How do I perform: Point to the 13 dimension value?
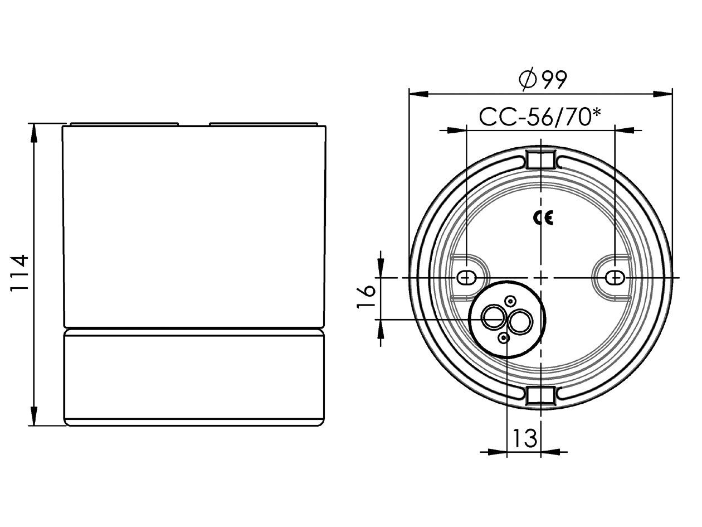(x=524, y=438)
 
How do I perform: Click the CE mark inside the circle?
(x=543, y=218)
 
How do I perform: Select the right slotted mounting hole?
(x=615, y=277)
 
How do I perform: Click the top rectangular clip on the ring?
(x=540, y=159)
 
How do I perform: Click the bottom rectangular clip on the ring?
(x=540, y=395)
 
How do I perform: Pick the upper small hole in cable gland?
(x=510, y=302)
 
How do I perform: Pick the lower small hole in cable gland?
(x=504, y=337)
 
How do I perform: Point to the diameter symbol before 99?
(x=526, y=80)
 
